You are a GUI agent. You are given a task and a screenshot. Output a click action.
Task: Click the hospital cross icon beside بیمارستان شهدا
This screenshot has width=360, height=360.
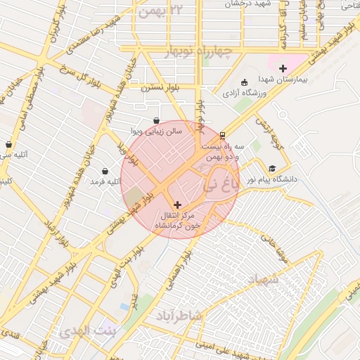pyautogui.click(x=283, y=69)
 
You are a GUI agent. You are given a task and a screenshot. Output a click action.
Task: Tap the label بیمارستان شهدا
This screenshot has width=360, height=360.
pyautogui.click(x=283, y=82)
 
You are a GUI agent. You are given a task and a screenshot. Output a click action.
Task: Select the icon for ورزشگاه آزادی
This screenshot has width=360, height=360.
pyautogui.click(x=244, y=82)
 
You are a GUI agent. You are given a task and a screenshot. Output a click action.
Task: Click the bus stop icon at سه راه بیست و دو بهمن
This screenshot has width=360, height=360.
pyautogui.click(x=222, y=134)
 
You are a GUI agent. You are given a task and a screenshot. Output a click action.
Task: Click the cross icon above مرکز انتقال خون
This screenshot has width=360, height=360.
pyautogui.click(x=176, y=204)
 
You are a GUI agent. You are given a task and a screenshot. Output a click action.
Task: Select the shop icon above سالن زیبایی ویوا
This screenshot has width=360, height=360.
pyautogui.click(x=156, y=120)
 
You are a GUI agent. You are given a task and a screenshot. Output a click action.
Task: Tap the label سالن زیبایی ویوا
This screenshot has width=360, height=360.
pyautogui.click(x=157, y=131)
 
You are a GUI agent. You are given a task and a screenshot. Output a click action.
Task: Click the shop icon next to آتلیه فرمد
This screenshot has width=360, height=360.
pyautogui.click(x=105, y=171)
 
